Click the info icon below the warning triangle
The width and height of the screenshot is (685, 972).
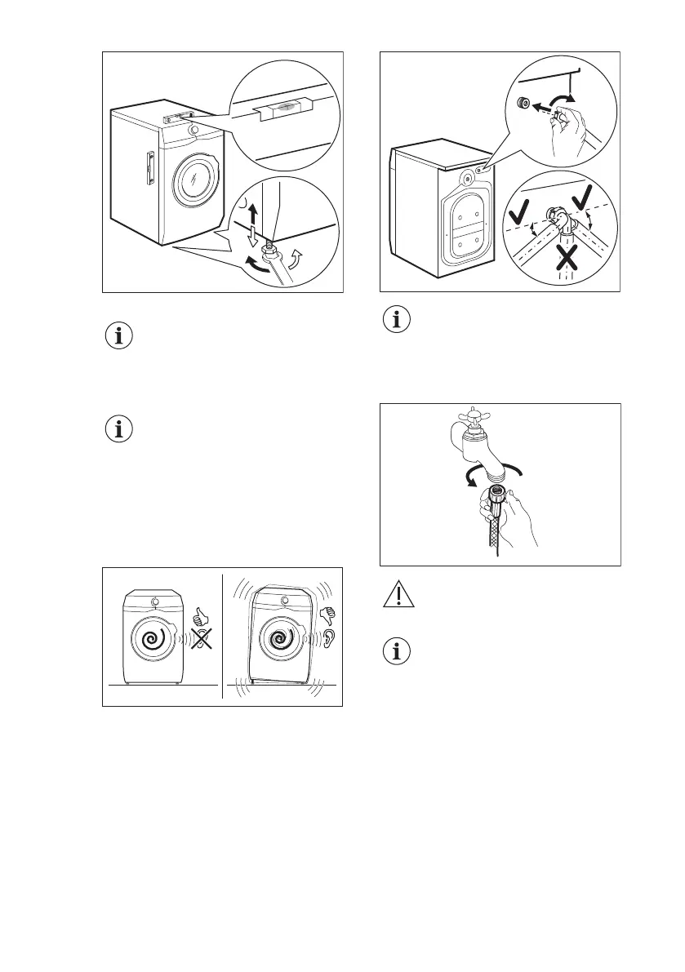[397, 652]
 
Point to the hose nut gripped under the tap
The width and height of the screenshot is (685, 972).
[496, 495]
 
